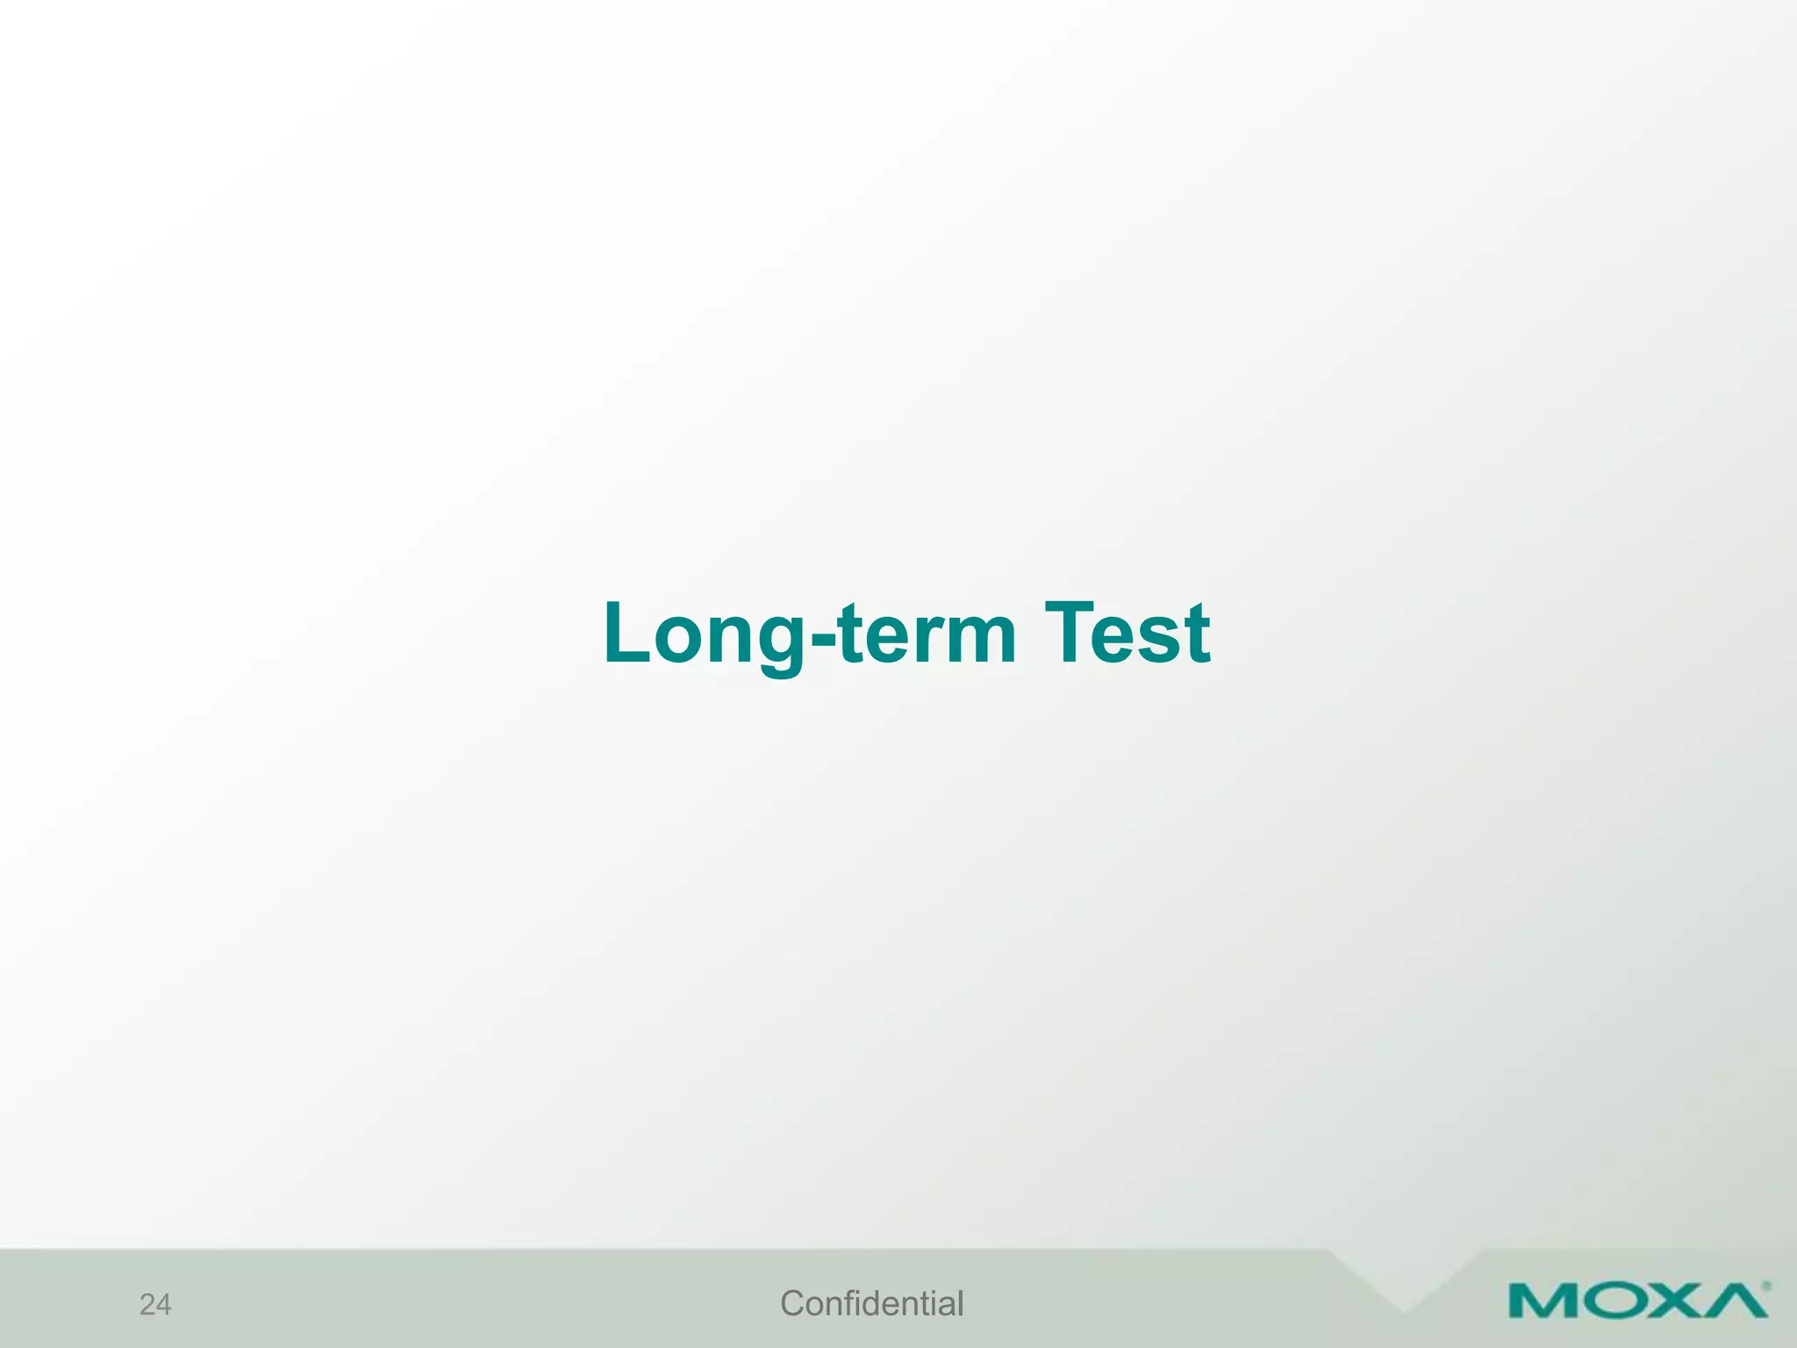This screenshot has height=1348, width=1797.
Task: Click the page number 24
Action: point(155,1305)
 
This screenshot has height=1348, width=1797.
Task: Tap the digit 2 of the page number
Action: point(147,1305)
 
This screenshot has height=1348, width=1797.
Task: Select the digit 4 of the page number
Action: point(164,1305)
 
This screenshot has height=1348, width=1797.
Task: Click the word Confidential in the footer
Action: point(871,1304)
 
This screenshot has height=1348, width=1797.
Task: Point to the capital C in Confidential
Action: point(792,1304)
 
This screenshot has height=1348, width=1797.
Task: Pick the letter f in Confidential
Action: point(847,1303)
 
